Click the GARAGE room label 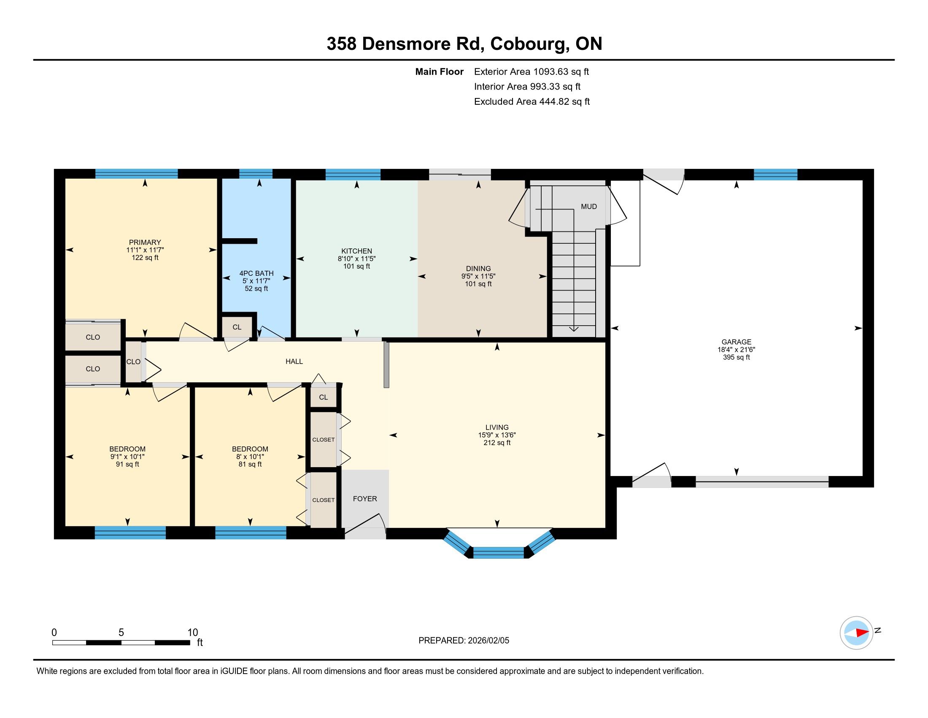coord(736,342)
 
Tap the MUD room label coord(589,206)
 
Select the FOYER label coord(365,498)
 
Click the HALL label coord(294,361)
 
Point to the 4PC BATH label coord(256,273)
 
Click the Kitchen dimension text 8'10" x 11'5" coord(356,258)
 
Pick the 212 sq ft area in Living coord(497,442)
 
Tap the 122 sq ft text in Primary coord(145,257)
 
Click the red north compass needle coord(861,633)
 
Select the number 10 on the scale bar coord(192,632)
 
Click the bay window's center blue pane coord(499,552)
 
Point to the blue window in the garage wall coord(775,174)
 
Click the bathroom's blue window coord(256,174)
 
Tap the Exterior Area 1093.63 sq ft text coord(531,71)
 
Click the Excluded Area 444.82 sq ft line coord(532,101)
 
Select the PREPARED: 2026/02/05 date coord(464,640)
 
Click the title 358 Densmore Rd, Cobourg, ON coord(464,44)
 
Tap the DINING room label coord(478,268)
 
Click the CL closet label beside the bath coord(237,327)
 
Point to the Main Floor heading coord(440,71)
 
